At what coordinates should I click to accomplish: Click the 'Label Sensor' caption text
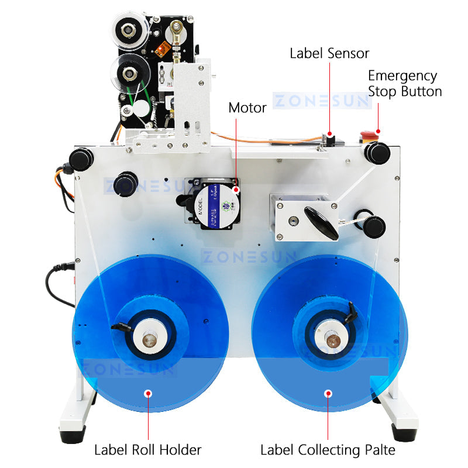(x=329, y=53)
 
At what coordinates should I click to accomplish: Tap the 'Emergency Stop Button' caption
(x=404, y=84)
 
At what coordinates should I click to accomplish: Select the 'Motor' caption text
(x=247, y=108)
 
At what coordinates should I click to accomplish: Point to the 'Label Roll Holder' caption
(x=148, y=450)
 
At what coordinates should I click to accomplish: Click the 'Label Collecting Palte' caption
(x=328, y=450)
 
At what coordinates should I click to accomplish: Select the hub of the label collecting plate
(x=328, y=338)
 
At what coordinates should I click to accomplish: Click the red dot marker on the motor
(x=236, y=190)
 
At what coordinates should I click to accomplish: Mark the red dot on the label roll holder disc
(x=148, y=393)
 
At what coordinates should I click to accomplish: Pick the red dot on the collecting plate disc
(x=328, y=393)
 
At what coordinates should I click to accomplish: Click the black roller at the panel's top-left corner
(x=81, y=159)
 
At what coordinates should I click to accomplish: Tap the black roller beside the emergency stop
(x=377, y=153)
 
